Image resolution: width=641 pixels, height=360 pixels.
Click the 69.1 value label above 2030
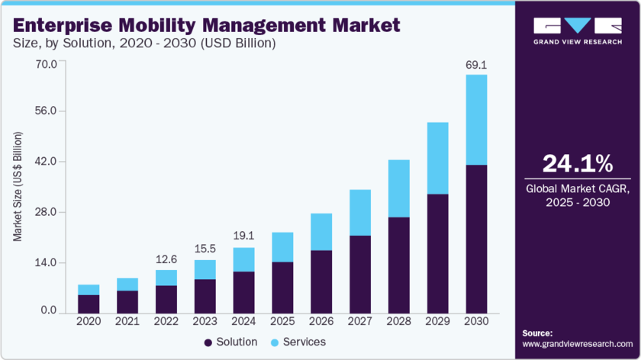(x=476, y=66)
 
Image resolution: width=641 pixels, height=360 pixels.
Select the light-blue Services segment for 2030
(x=476, y=120)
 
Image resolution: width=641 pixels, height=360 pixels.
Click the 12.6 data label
(x=166, y=259)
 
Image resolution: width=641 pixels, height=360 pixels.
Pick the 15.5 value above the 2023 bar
(x=205, y=249)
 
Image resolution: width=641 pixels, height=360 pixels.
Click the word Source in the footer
(x=537, y=333)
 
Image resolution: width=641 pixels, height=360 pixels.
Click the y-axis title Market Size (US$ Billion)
(x=17, y=187)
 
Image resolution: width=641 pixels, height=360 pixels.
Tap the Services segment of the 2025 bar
(x=282, y=247)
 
